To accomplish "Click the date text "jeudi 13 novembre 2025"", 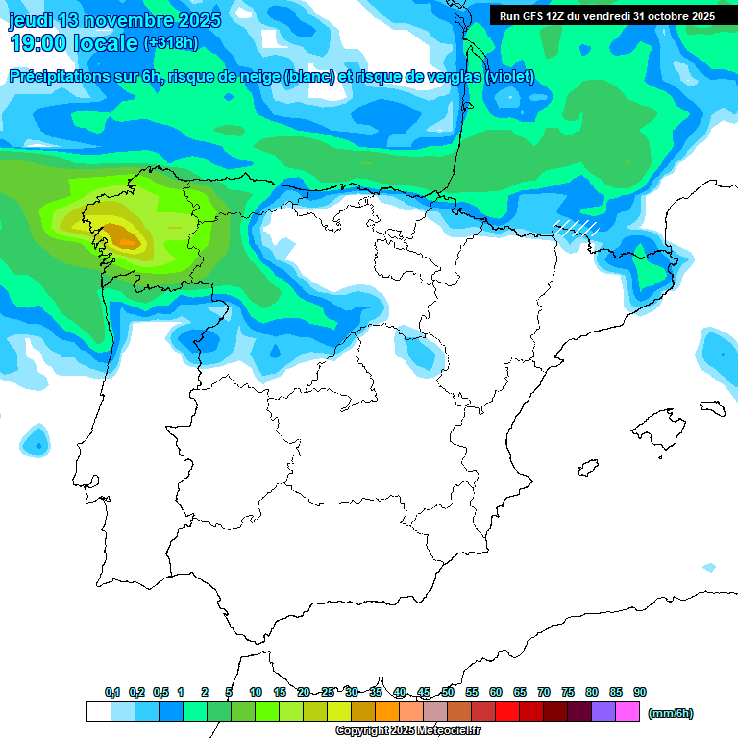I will click(x=114, y=20).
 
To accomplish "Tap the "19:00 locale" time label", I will click(x=73, y=42).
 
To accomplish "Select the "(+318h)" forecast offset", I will click(x=170, y=42).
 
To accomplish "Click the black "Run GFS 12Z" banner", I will click(x=606, y=16).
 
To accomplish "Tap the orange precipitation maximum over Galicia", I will click(x=122, y=234).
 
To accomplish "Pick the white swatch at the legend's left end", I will click(x=98, y=712).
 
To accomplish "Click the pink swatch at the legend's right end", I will click(x=628, y=712).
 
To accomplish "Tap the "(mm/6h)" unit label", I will click(x=671, y=713).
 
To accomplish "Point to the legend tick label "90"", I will click(x=640, y=692).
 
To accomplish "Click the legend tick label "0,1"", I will click(x=112, y=692).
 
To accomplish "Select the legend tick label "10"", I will click(x=256, y=692).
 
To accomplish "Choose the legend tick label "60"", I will click(x=496, y=692).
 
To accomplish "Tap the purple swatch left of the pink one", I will click(x=604, y=712).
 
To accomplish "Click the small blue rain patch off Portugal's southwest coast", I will click(x=36, y=443).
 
